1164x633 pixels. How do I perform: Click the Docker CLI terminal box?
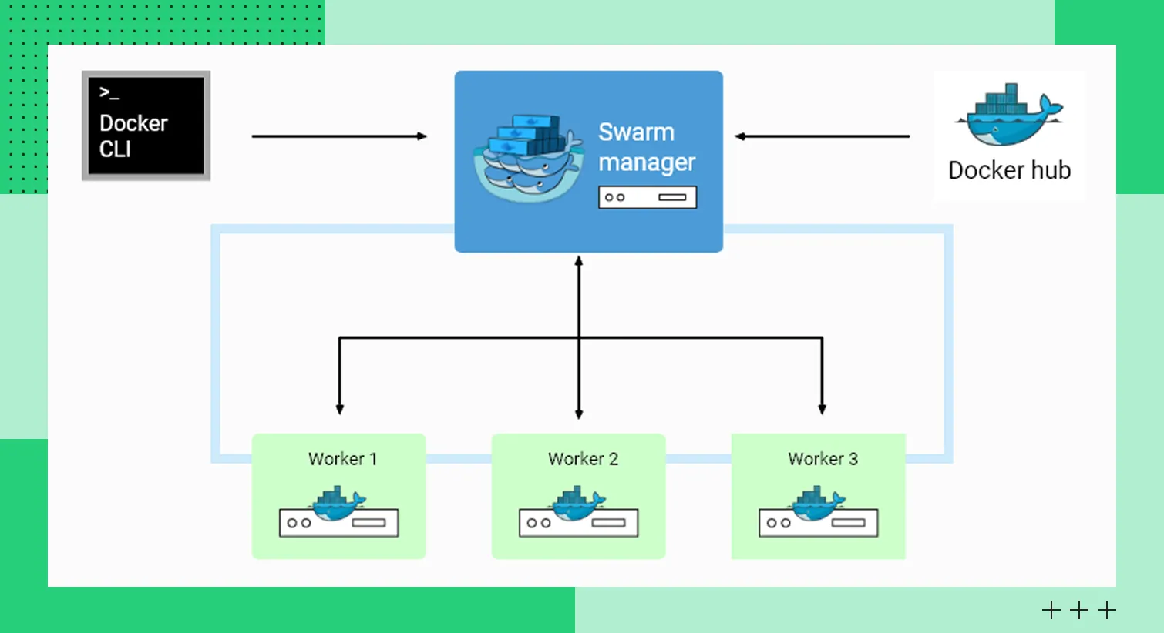pos(146,126)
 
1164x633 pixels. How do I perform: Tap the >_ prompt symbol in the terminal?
pos(109,93)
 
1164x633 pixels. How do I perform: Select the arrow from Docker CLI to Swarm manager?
pos(339,136)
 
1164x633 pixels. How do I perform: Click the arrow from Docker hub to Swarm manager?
pos(822,136)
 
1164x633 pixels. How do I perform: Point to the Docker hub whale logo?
pos(1008,116)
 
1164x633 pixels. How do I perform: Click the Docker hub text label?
pos(1009,170)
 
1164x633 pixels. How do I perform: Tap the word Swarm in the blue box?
pos(636,132)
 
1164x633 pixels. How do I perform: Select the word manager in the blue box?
pos(647,162)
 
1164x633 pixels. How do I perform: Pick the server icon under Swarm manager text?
pos(648,197)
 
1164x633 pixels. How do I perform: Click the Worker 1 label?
pos(342,459)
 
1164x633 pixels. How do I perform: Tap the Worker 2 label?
pos(583,459)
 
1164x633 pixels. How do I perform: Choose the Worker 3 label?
pos(823,459)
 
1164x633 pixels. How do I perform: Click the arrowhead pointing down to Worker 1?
pos(339,409)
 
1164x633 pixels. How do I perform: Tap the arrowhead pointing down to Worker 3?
pos(822,409)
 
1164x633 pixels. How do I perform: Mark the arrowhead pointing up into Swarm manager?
pos(579,262)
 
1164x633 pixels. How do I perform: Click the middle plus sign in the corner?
pos(1079,611)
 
